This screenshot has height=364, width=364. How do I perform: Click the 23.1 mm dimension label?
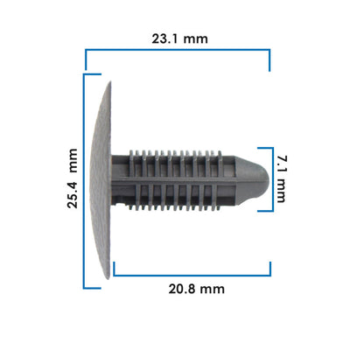[x=179, y=38]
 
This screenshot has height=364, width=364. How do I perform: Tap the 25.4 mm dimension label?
[x=73, y=178]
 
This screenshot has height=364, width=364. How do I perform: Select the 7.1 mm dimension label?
[x=282, y=179]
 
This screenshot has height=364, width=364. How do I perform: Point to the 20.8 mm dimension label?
[x=197, y=289]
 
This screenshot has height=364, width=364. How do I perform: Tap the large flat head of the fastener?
[x=101, y=180]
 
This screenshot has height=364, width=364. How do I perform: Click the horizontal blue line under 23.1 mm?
[x=178, y=50]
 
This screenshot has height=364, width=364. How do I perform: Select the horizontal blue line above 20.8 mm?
[x=192, y=275]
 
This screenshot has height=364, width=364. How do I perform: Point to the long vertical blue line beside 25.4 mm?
[x=84, y=181]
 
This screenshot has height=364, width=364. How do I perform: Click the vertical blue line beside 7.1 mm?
[x=273, y=179]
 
